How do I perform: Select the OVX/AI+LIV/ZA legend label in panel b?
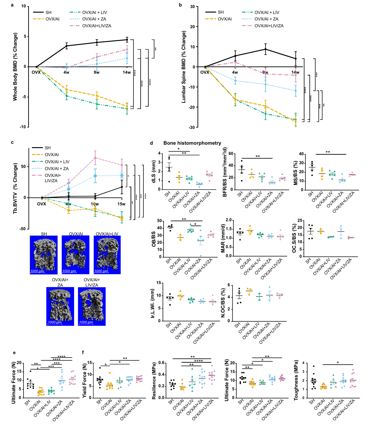(269, 26)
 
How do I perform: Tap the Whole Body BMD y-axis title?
(15, 67)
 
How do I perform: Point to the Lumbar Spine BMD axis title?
(184, 67)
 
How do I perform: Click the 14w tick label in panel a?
(127, 72)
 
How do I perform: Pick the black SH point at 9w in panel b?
(265, 49)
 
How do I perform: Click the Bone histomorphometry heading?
(192, 143)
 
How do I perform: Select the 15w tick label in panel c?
(121, 204)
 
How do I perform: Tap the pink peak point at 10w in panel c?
(95, 158)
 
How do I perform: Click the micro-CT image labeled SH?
(44, 255)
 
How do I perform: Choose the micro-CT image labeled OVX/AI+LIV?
(107, 255)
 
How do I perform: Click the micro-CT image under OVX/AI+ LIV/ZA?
(92, 306)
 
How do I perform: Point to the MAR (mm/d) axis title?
(223, 238)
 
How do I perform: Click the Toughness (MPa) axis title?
(296, 380)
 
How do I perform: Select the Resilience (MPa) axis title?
(154, 380)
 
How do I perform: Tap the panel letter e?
(14, 353)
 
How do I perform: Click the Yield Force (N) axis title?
(84, 380)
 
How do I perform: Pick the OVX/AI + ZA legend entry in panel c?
(57, 169)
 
